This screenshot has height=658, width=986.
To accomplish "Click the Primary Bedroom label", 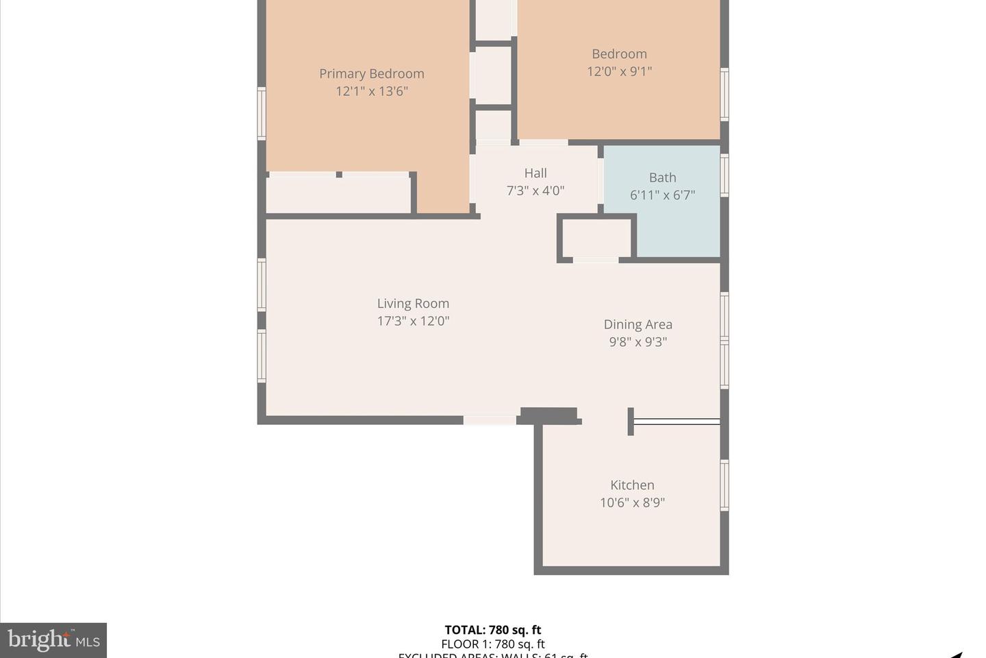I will [371, 73].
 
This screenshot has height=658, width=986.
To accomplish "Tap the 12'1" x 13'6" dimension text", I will [371, 91].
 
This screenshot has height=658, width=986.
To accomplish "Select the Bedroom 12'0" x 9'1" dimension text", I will [619, 71].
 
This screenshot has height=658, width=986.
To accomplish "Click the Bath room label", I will [662, 178].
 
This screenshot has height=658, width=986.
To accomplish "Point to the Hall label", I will [535, 173].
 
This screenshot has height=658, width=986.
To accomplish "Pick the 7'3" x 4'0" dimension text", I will [535, 191].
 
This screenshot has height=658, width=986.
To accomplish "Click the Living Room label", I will [413, 304].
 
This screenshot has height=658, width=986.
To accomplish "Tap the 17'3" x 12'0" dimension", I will [413, 321].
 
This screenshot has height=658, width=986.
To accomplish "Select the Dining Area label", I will [637, 325].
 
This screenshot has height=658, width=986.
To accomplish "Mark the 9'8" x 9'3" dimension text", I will [637, 342].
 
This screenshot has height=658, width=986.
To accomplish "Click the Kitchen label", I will [632, 485].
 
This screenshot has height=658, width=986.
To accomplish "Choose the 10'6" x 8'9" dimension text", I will [632, 502].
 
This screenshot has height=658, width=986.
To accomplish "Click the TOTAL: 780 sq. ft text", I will [493, 630].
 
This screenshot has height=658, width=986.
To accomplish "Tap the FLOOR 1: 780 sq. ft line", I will [493, 644].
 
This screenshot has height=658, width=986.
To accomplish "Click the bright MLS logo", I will [53, 640].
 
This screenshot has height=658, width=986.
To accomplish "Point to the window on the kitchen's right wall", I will [724, 485].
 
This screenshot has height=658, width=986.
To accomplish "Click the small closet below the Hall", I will [595, 238].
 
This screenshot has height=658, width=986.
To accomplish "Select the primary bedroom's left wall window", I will [262, 113].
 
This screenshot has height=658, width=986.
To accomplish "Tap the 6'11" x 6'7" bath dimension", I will [662, 195].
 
